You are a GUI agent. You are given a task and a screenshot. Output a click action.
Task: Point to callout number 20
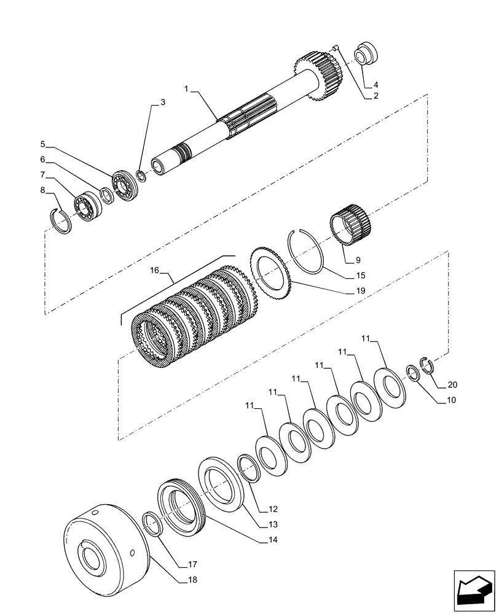click(452, 385)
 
